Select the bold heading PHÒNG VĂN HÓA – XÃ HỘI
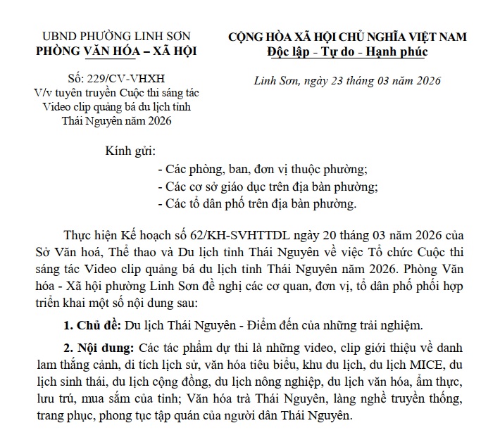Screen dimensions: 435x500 117,51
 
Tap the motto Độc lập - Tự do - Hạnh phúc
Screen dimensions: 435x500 347,51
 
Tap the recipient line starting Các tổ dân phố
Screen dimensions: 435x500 258,205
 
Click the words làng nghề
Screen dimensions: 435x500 351,400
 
